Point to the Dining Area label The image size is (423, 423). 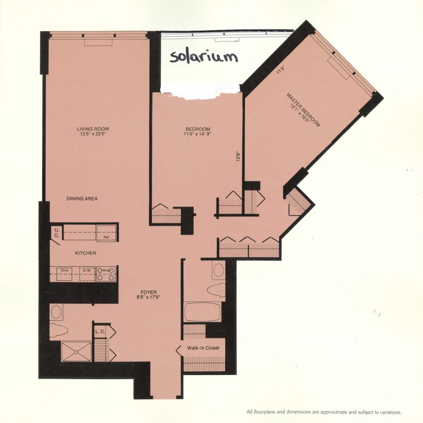[x=82, y=199]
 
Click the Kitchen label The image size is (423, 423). [x=86, y=253]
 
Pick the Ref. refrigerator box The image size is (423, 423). [x=106, y=233]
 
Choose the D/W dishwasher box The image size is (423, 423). [x=87, y=274]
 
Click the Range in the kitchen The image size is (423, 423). [x=106, y=274]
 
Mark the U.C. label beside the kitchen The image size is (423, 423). [x=56, y=233]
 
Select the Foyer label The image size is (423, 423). [x=148, y=292]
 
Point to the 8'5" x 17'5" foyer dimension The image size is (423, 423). [x=148, y=298]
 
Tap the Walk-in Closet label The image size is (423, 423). [x=203, y=348]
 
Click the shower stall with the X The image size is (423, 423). [x=76, y=351]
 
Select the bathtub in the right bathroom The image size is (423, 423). [x=202, y=312]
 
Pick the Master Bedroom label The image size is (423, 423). [x=304, y=110]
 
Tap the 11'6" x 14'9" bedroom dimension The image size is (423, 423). [x=197, y=134]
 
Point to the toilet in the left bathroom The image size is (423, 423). [x=58, y=329]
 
